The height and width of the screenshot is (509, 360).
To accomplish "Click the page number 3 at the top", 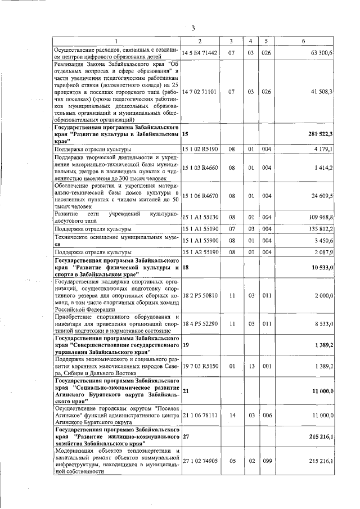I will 193,28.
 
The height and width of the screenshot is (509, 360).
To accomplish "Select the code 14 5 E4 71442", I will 199,52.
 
